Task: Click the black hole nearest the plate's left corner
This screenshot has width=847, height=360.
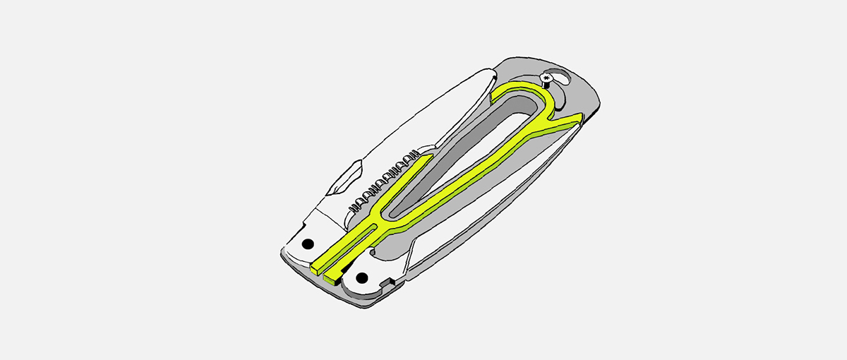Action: pyautogui.click(x=307, y=244)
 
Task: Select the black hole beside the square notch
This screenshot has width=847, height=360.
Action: pyautogui.click(x=363, y=275)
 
